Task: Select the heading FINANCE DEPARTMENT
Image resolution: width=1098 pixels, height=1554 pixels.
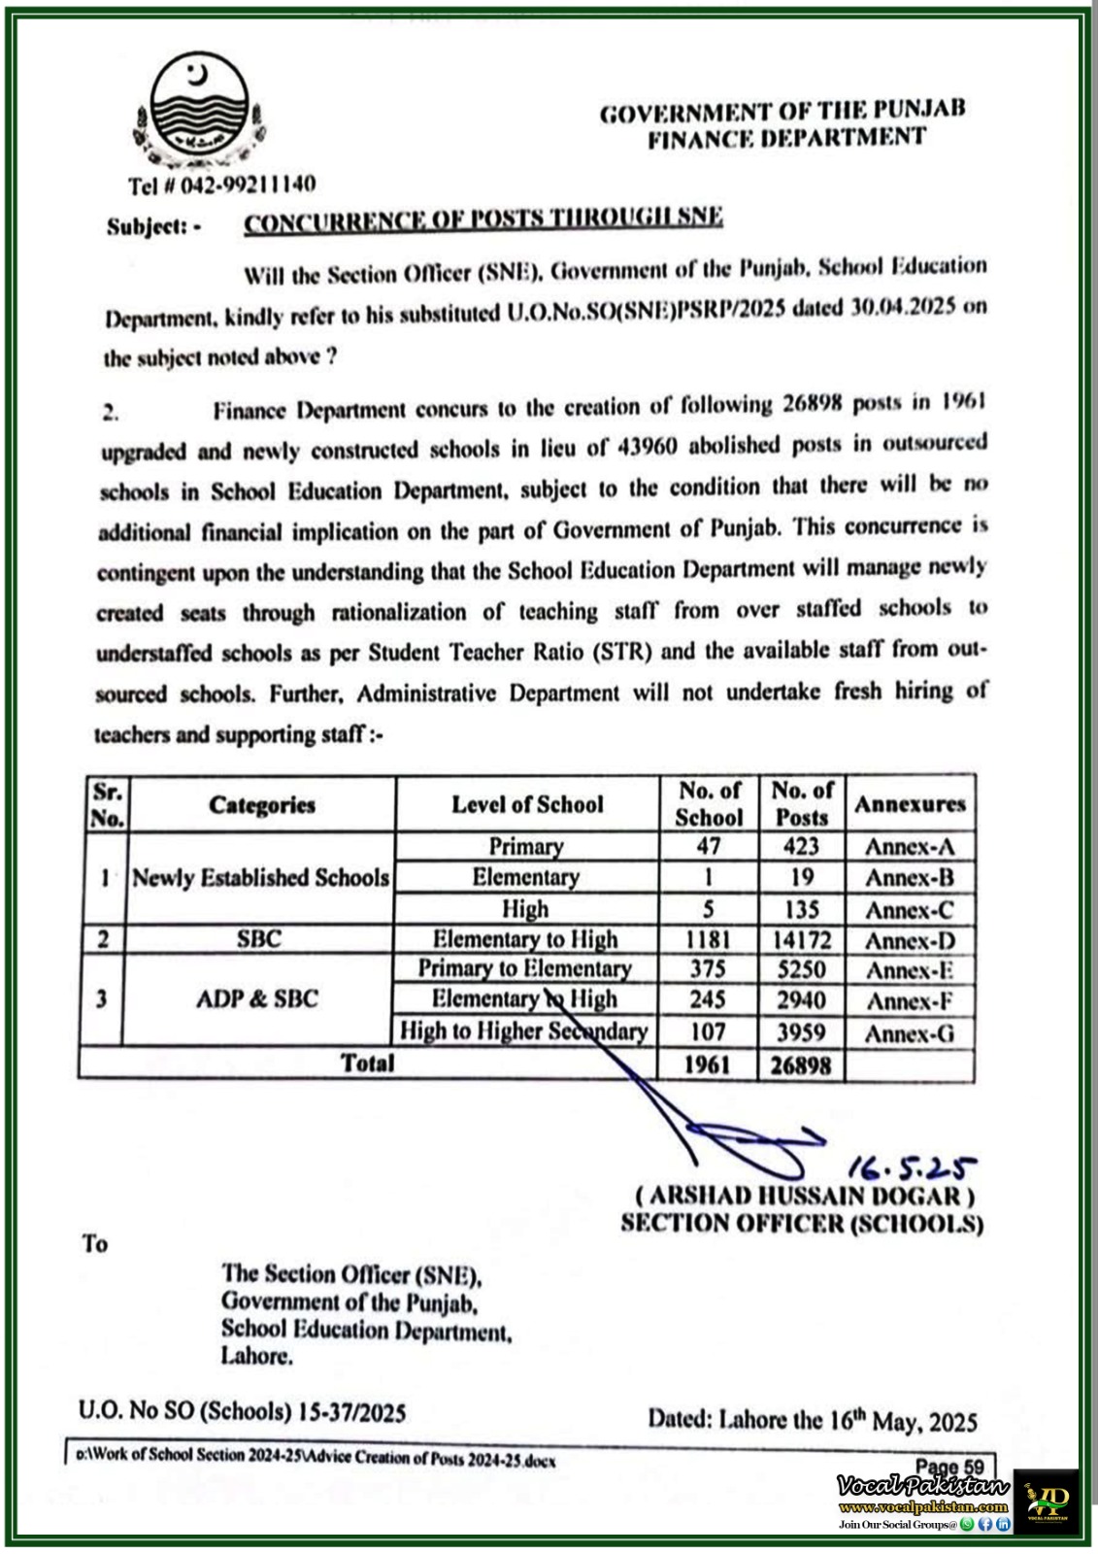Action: click(786, 139)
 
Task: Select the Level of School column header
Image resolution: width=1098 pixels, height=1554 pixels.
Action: click(527, 804)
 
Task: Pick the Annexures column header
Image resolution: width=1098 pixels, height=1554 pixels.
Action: click(910, 804)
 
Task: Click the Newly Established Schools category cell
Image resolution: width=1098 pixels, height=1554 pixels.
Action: click(260, 878)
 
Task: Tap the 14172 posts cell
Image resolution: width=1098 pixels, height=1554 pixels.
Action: click(801, 940)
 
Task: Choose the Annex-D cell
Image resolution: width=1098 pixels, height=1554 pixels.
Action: click(910, 940)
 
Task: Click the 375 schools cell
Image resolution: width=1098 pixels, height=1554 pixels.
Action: click(708, 969)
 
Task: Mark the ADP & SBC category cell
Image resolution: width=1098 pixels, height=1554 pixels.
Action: click(257, 999)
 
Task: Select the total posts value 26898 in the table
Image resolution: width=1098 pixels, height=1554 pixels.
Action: click(801, 1065)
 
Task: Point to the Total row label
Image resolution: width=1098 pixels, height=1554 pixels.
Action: click(368, 1064)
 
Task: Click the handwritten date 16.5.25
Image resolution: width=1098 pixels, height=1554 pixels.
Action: click(913, 1165)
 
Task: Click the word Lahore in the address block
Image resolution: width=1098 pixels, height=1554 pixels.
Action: click(257, 1356)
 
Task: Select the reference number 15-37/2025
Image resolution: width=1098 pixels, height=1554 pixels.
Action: click(351, 1411)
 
